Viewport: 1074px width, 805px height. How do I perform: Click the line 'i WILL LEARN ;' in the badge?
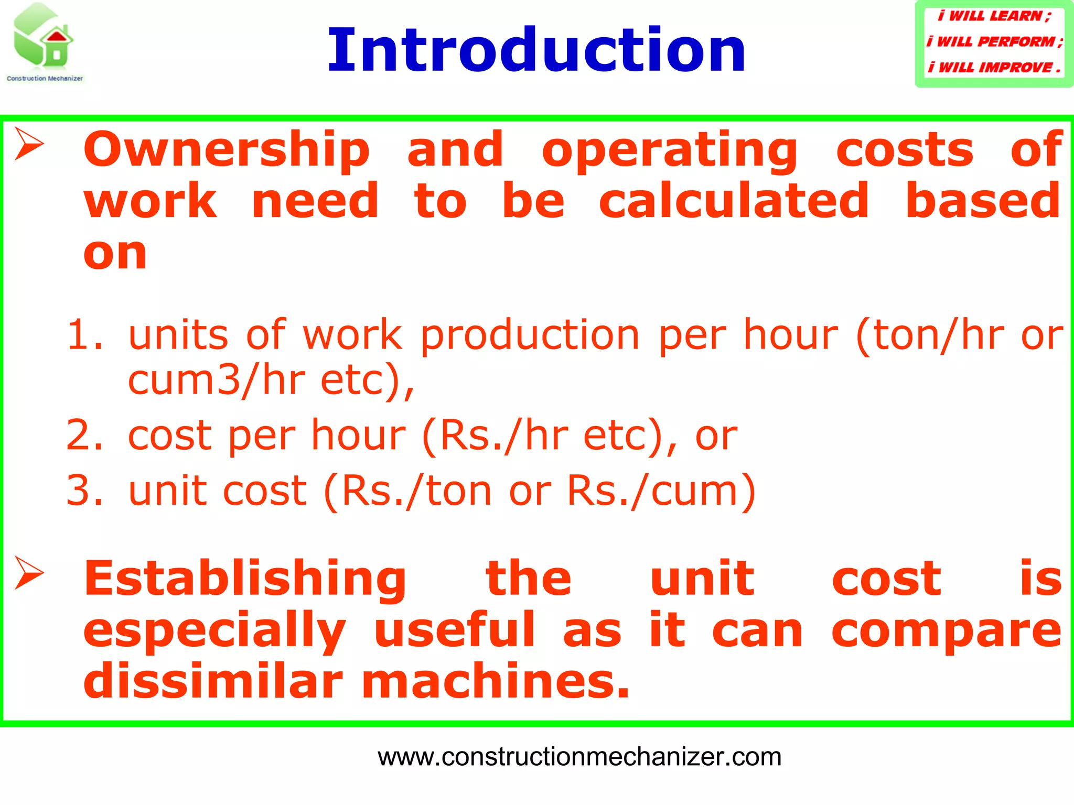994,16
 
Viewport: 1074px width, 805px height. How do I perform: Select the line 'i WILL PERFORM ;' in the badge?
994,41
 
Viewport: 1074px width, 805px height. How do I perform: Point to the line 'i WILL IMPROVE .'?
994,68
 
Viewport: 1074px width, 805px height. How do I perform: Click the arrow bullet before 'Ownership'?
29,144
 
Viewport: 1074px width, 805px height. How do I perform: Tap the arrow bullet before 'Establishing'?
29,572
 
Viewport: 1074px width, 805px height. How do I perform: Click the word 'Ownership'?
227,150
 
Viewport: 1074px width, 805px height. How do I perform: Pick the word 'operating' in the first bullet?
670,150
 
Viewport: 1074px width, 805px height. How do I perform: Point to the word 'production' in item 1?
530,335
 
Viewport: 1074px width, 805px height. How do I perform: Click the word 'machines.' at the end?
495,681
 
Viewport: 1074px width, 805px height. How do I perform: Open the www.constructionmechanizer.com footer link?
579,757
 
